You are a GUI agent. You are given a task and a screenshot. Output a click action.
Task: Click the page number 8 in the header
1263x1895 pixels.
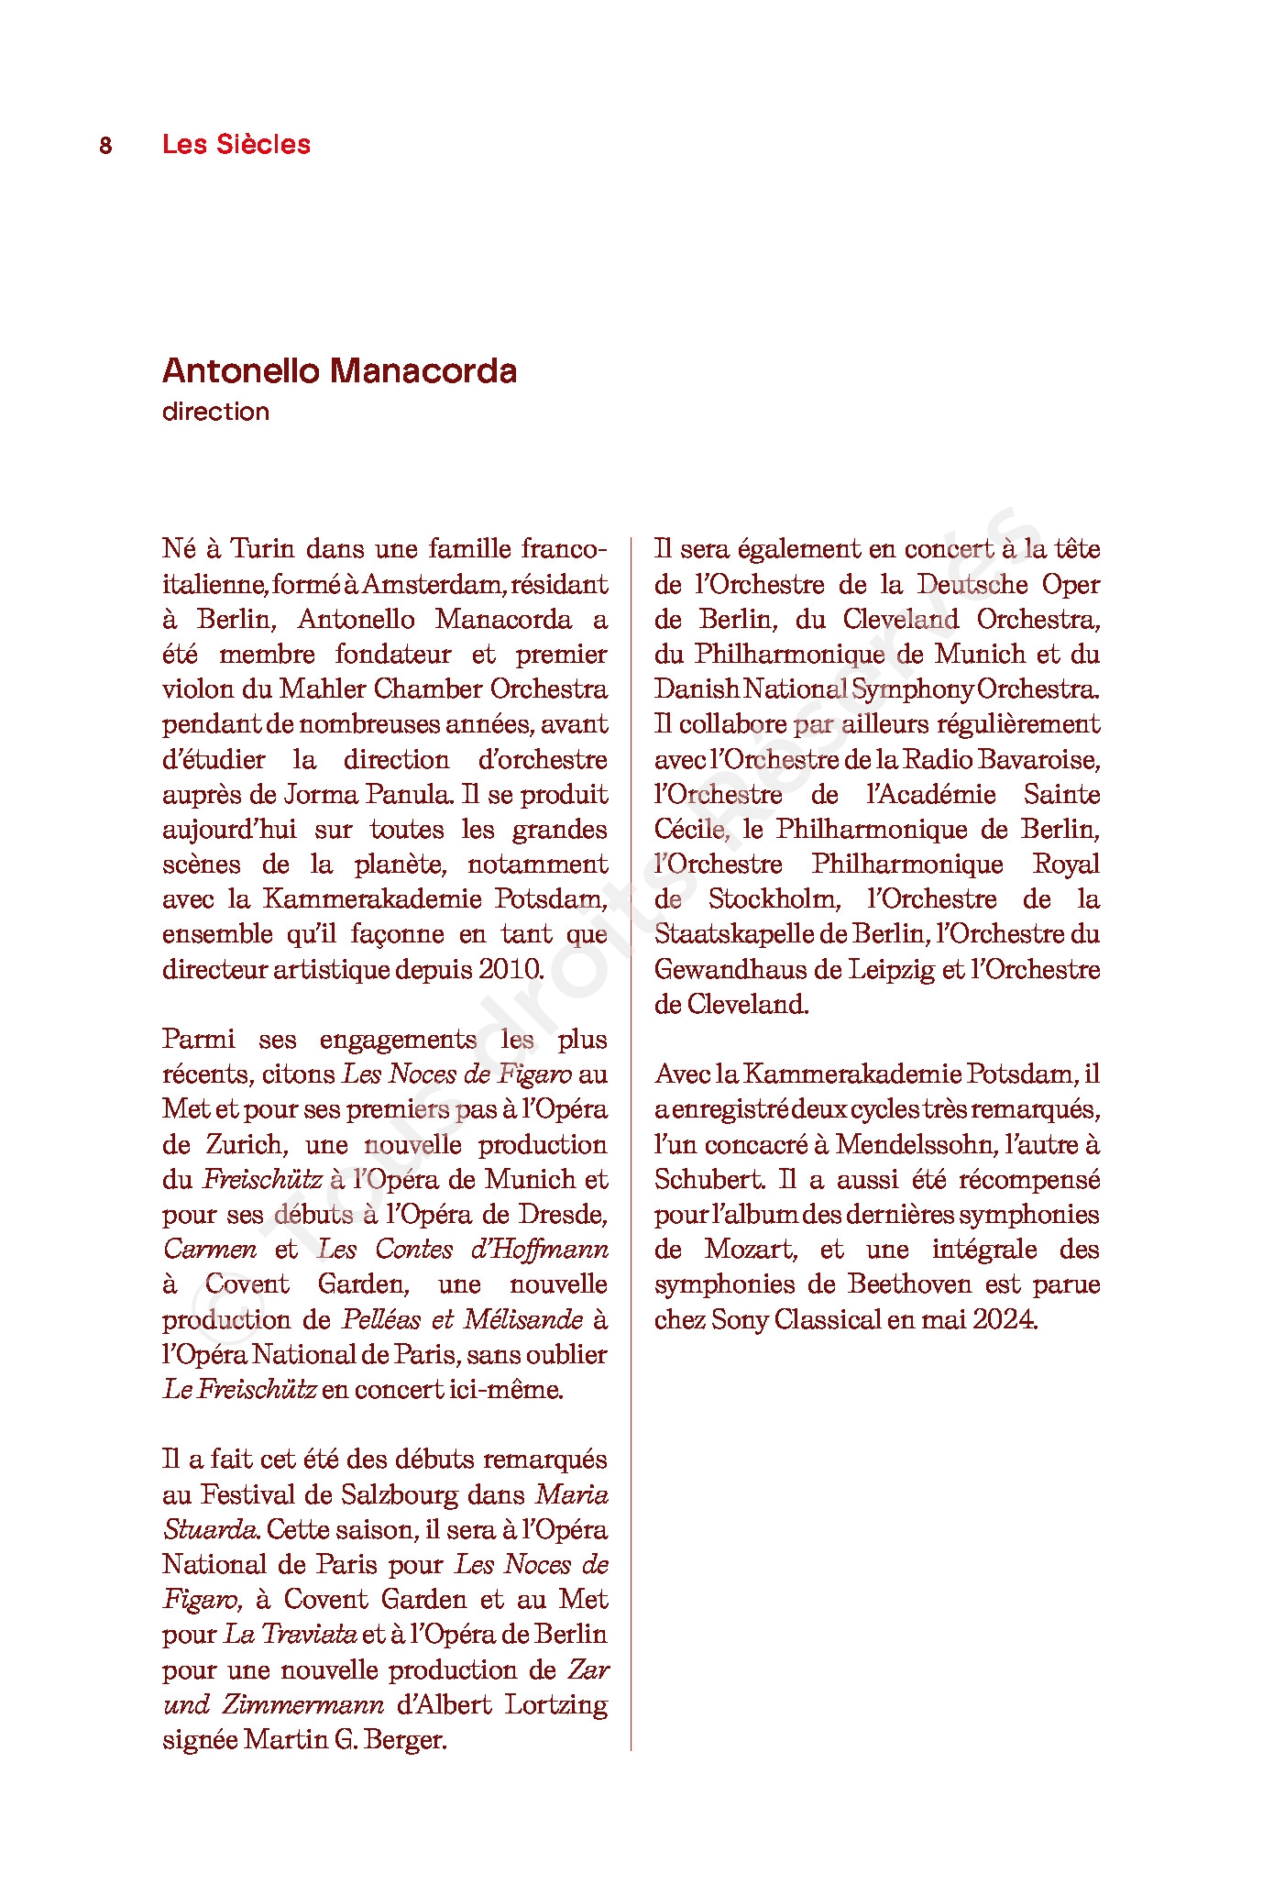(105, 146)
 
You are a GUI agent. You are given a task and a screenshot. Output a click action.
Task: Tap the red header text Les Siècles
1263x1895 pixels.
(236, 144)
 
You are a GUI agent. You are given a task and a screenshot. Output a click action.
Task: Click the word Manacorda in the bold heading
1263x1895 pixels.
(423, 371)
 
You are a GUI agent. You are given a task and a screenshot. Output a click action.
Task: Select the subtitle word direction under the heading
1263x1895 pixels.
(215, 412)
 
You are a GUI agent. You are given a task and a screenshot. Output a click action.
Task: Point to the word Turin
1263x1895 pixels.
(262, 549)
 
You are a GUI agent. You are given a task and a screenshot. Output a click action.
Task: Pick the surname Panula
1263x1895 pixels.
(403, 794)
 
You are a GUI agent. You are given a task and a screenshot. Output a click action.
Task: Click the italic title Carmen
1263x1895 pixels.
(210, 1250)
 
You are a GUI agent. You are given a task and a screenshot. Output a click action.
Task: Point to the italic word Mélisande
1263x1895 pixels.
(523, 1319)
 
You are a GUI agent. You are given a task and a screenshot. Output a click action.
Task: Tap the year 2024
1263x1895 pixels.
(1005, 1320)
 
